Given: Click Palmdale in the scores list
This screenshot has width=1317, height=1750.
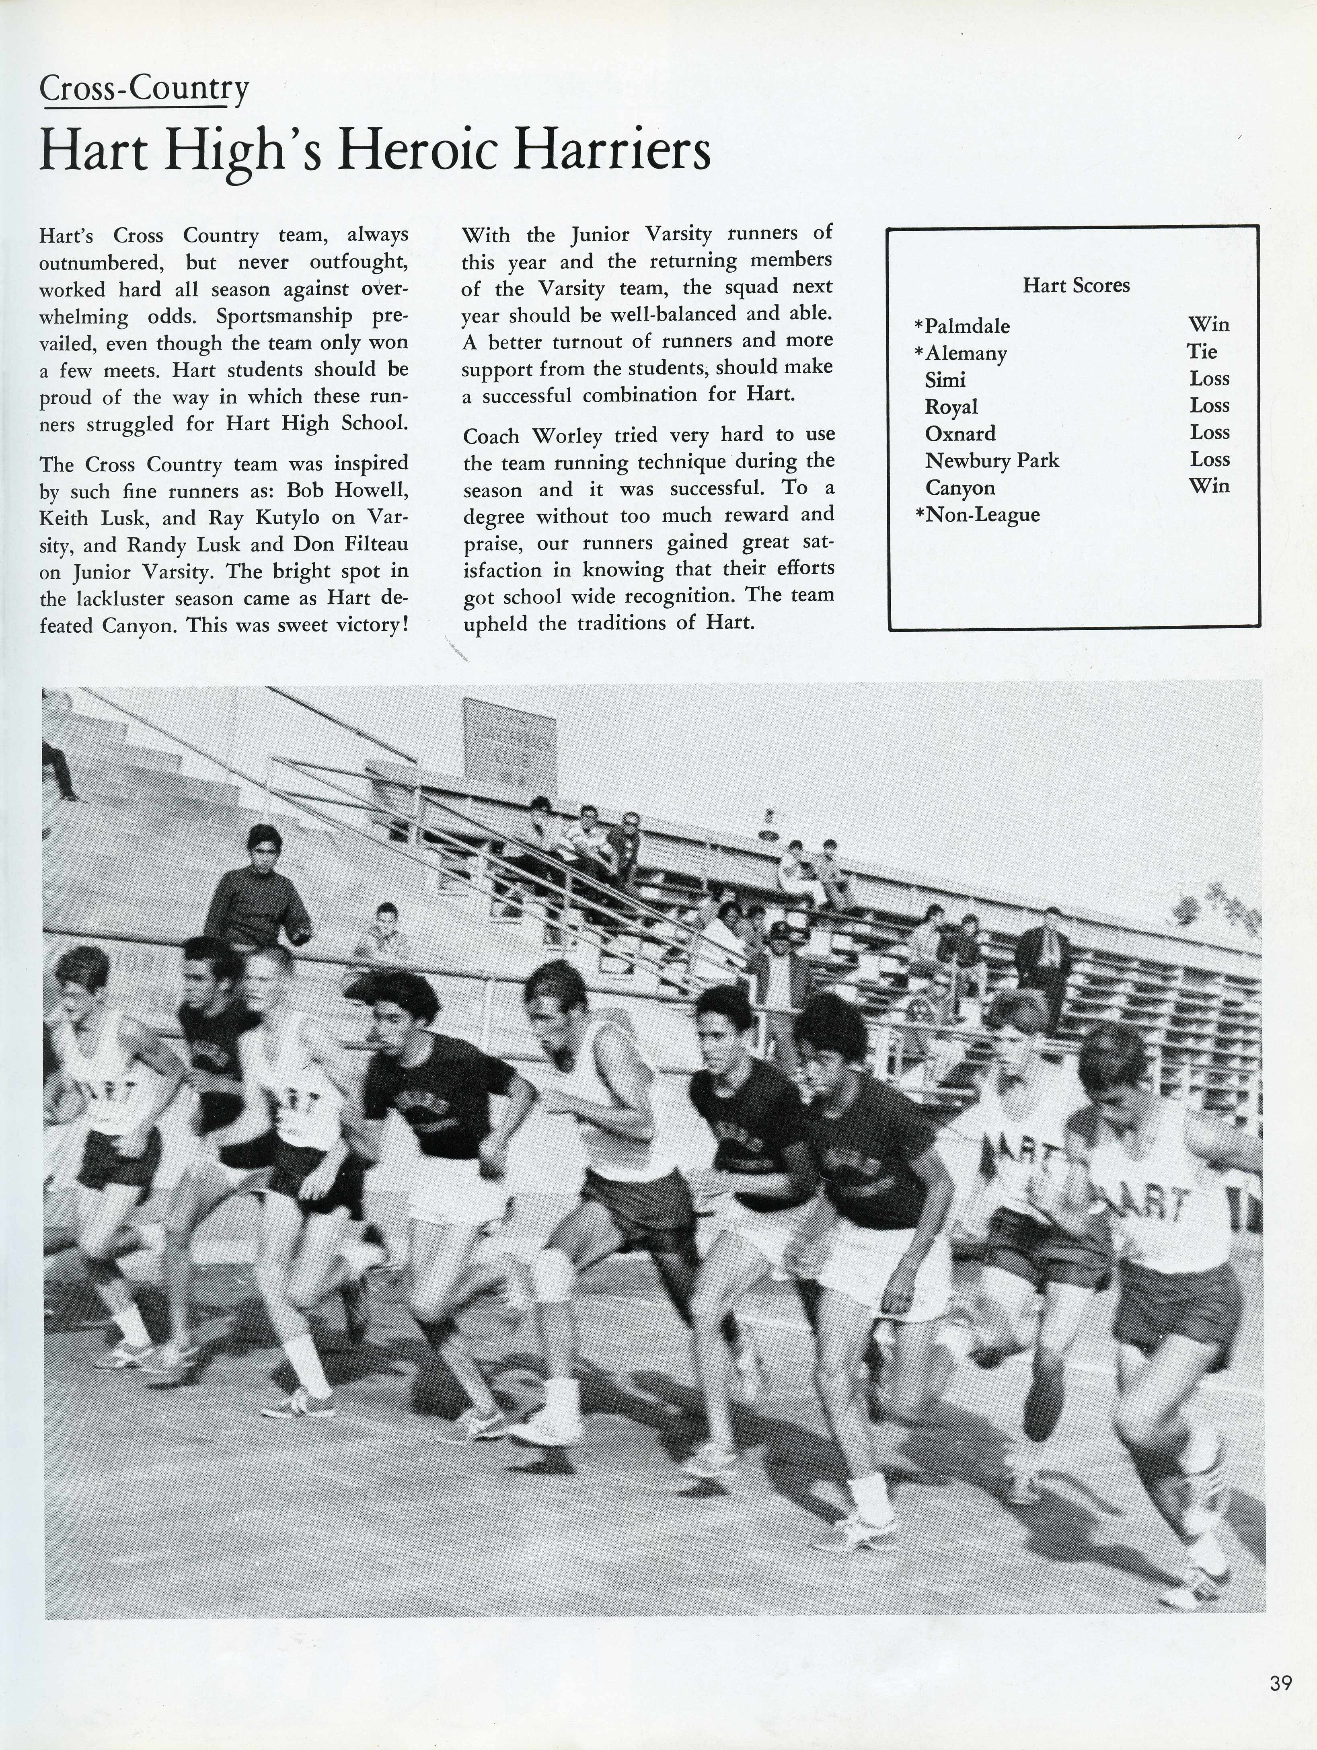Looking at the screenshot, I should tap(967, 326).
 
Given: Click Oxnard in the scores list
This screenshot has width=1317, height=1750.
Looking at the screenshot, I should tap(959, 434).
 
